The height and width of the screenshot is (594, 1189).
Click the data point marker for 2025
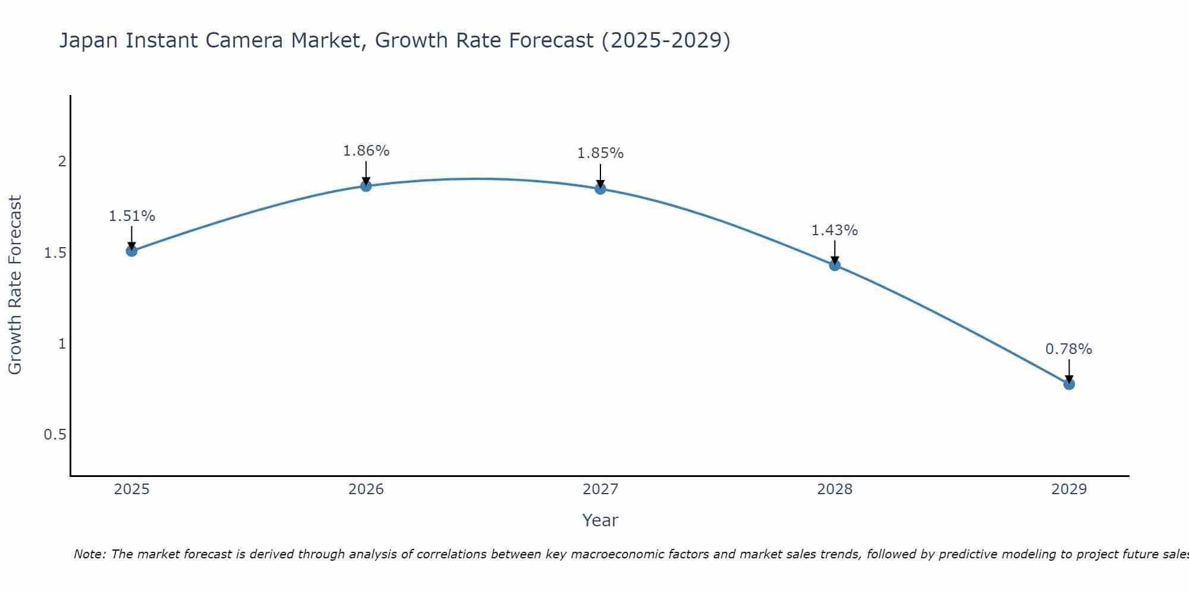131,251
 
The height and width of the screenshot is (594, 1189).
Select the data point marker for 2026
366,186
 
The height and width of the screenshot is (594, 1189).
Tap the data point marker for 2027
600,189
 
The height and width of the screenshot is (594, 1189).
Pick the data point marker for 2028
835,265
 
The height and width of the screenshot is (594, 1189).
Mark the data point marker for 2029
1069,384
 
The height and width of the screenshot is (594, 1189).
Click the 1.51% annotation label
131,216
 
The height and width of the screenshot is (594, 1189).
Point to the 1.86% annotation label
366,151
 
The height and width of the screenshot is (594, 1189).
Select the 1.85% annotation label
600,153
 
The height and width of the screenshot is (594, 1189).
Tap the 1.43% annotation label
835,230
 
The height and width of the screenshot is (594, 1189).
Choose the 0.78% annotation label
1069,349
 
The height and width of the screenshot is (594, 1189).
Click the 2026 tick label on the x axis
366,489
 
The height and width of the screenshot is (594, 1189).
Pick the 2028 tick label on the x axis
835,489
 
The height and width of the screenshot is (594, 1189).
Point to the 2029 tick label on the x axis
1069,489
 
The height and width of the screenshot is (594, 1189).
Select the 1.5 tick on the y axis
55,253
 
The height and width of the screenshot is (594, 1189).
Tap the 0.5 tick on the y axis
55,435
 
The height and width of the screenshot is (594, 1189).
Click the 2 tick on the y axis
61,162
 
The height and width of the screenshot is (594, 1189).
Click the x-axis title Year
600,520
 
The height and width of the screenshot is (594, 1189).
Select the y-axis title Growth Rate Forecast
15,285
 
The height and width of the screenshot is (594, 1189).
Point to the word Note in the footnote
89,554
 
